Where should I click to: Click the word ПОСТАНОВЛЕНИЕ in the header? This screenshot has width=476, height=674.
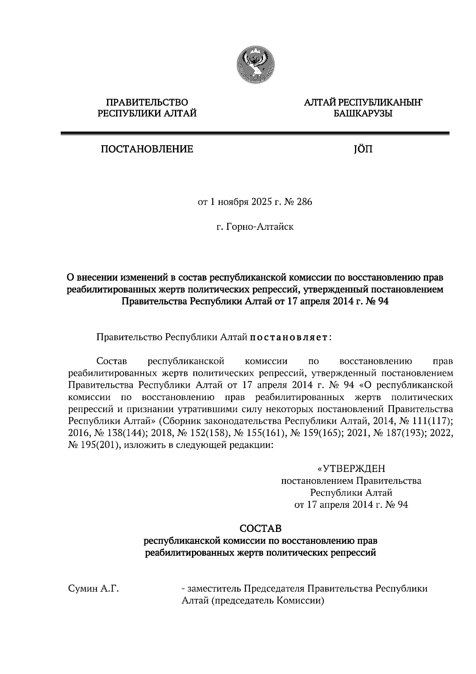pos(147,149)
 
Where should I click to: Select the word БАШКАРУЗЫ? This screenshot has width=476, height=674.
pos(363,114)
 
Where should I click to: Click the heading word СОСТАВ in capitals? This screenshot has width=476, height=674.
pos(261,529)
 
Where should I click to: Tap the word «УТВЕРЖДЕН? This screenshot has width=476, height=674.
pos(351,469)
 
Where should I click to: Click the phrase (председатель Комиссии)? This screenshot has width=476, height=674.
pos(268,601)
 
